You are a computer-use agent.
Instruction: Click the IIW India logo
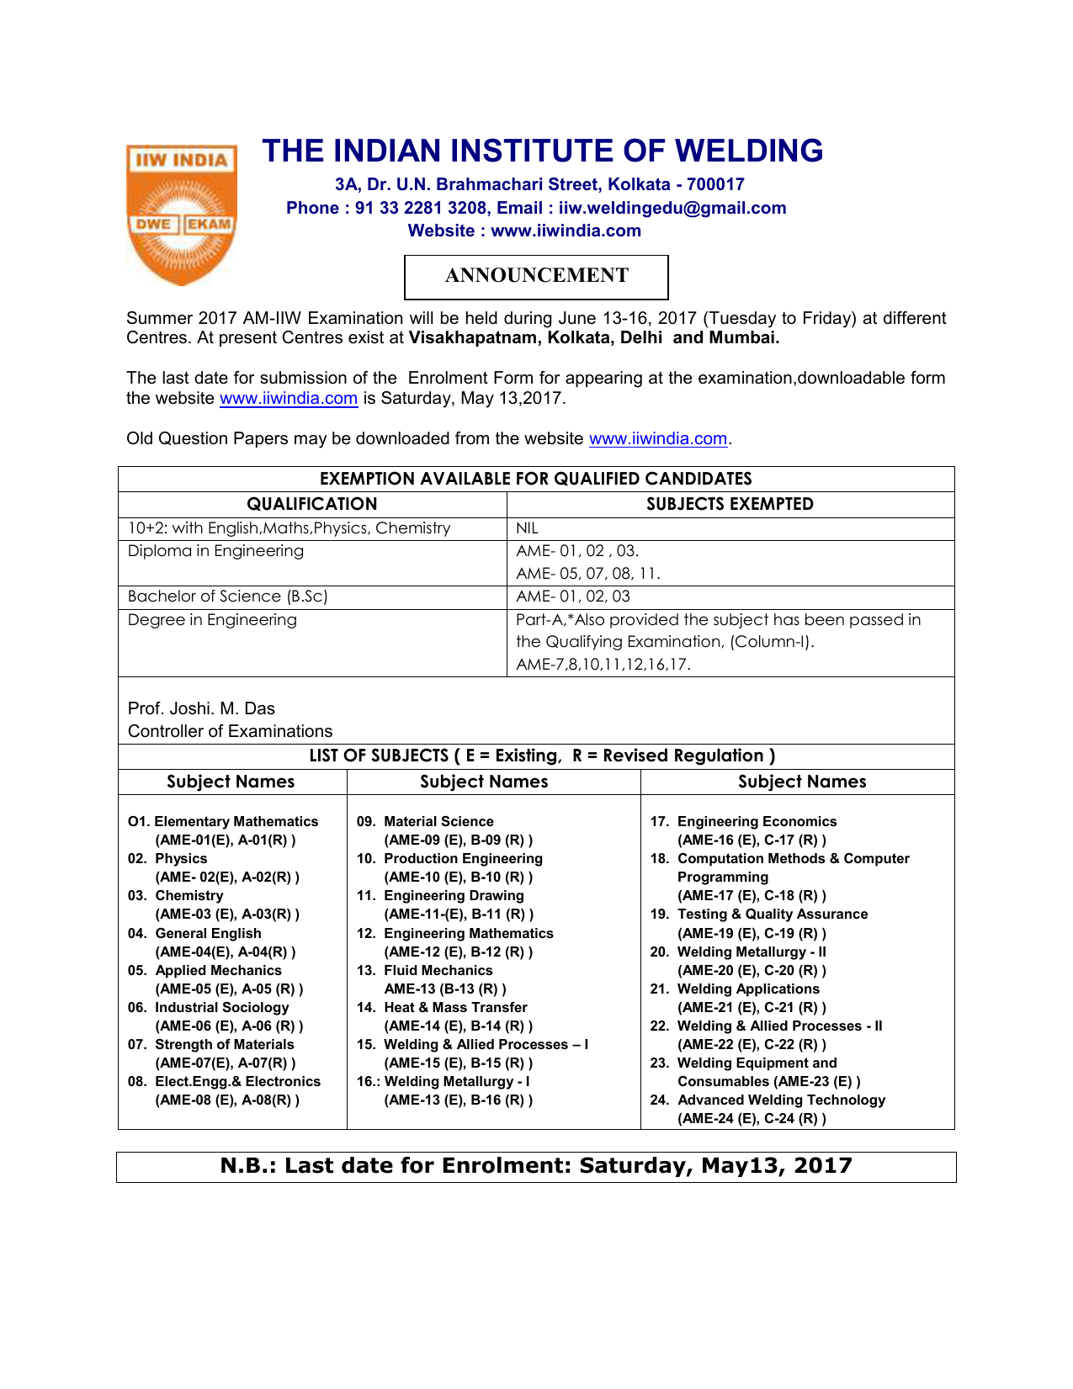(181, 214)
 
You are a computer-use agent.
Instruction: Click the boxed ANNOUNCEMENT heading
(536, 276)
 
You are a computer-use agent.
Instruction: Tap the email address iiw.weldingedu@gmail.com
(672, 208)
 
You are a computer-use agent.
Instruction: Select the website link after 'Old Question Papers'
(657, 438)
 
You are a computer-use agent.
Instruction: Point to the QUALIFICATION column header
(311, 504)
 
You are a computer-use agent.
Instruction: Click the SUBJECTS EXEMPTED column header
(730, 504)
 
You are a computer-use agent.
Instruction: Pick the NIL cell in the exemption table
(527, 528)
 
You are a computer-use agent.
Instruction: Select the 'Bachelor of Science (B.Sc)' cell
(227, 596)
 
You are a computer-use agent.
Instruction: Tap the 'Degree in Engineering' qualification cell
(212, 620)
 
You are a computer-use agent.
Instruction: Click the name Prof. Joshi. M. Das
(201, 708)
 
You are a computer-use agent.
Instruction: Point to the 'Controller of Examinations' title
(230, 731)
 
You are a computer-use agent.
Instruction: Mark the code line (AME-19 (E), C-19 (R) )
(752, 933)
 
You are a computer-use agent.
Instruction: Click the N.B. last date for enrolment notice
(536, 1166)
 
